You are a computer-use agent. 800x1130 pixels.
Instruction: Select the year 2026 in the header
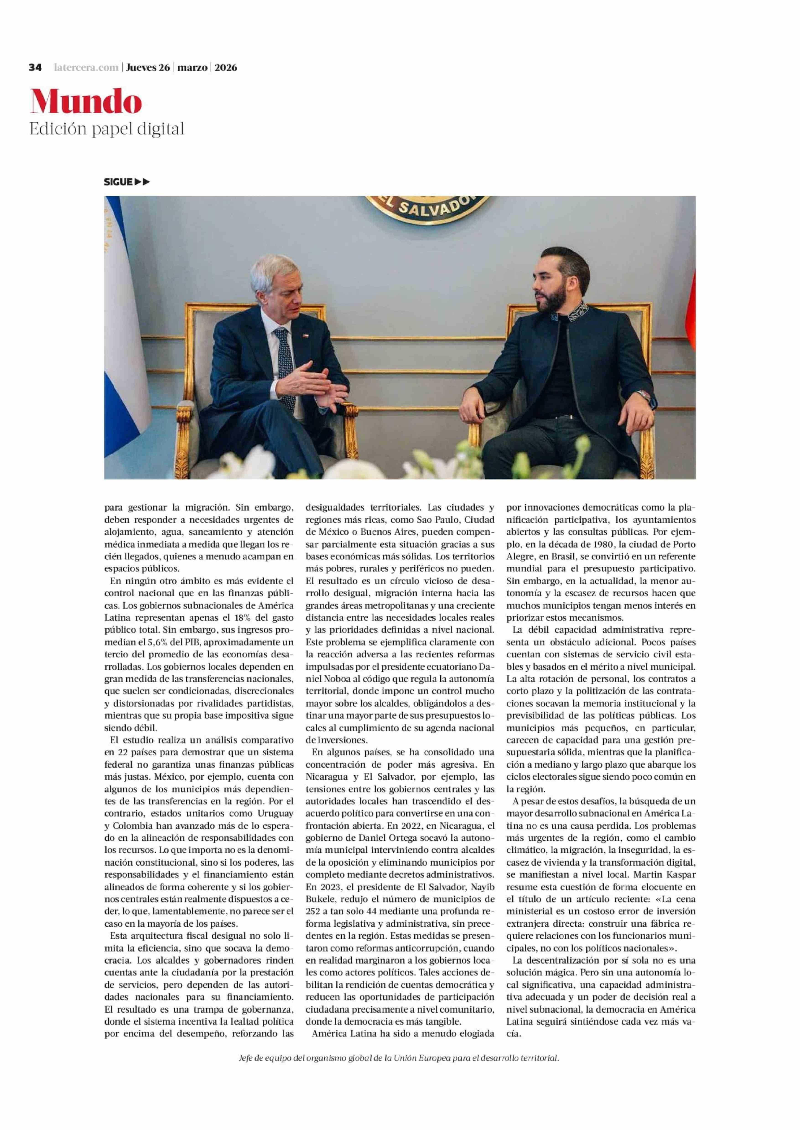click(226, 67)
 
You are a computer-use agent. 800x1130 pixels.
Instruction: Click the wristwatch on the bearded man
click(643, 395)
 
